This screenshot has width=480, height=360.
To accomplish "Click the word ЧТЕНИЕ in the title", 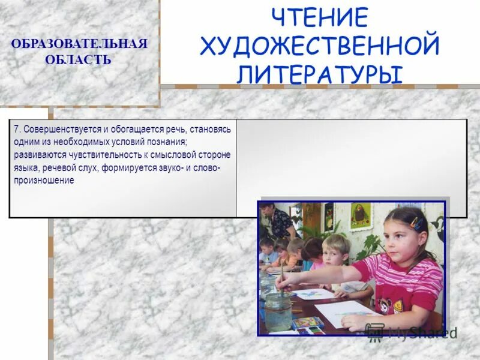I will coord(319,17).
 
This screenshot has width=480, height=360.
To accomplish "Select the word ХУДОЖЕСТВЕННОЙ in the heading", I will coord(320,46).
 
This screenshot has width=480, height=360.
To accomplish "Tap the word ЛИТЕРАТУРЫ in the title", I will coord(319,74).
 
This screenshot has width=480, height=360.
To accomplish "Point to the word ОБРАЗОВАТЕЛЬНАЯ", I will coord(79,46).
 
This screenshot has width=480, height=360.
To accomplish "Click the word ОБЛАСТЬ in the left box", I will coord(78,60).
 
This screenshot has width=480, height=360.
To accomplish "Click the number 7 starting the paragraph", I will coord(16,129).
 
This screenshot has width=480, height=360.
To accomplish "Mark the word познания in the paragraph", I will coord(168,142).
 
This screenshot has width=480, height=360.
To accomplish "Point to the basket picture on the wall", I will coord(360,217).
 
